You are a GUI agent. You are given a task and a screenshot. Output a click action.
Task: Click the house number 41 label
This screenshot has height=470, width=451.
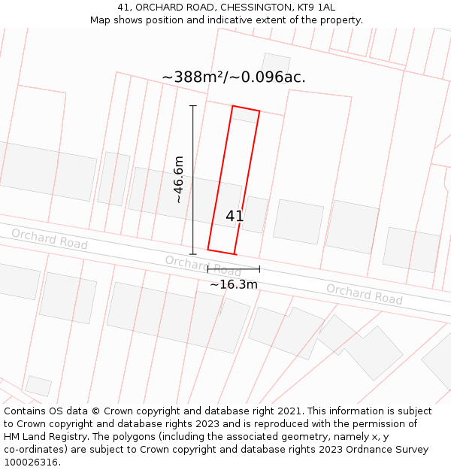(x=235, y=217)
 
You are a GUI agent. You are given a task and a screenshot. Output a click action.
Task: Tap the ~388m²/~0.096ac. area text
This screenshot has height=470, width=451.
(x=234, y=77)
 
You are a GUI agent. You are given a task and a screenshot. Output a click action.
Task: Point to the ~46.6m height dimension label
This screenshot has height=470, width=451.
(x=179, y=179)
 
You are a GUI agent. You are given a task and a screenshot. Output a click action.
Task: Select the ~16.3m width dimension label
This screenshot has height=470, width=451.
(x=233, y=284)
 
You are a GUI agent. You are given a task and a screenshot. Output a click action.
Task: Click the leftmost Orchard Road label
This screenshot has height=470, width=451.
(x=49, y=239)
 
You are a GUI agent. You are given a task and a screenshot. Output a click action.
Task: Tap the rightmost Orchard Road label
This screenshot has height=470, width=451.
(x=364, y=294)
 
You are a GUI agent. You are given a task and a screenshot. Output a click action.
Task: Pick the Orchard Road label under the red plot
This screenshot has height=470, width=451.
(x=203, y=265)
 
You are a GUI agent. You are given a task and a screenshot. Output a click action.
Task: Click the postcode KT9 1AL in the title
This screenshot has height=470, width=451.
(x=316, y=8)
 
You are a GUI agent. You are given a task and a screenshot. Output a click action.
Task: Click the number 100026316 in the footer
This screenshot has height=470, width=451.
(x=31, y=462)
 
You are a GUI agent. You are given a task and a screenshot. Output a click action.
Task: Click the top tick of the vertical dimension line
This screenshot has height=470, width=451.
(x=193, y=106)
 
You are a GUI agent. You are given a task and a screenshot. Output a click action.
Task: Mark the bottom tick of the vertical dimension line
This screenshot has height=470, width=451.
(x=193, y=253)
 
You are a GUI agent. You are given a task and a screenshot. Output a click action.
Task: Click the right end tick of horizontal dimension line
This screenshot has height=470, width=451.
(x=259, y=268)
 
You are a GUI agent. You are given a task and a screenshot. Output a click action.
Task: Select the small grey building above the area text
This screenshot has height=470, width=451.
(x=276, y=63)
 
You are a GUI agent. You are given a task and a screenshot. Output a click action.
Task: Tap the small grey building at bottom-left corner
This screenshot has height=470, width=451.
(x=38, y=386)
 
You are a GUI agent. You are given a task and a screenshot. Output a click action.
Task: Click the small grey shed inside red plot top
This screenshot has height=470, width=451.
(x=244, y=115)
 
